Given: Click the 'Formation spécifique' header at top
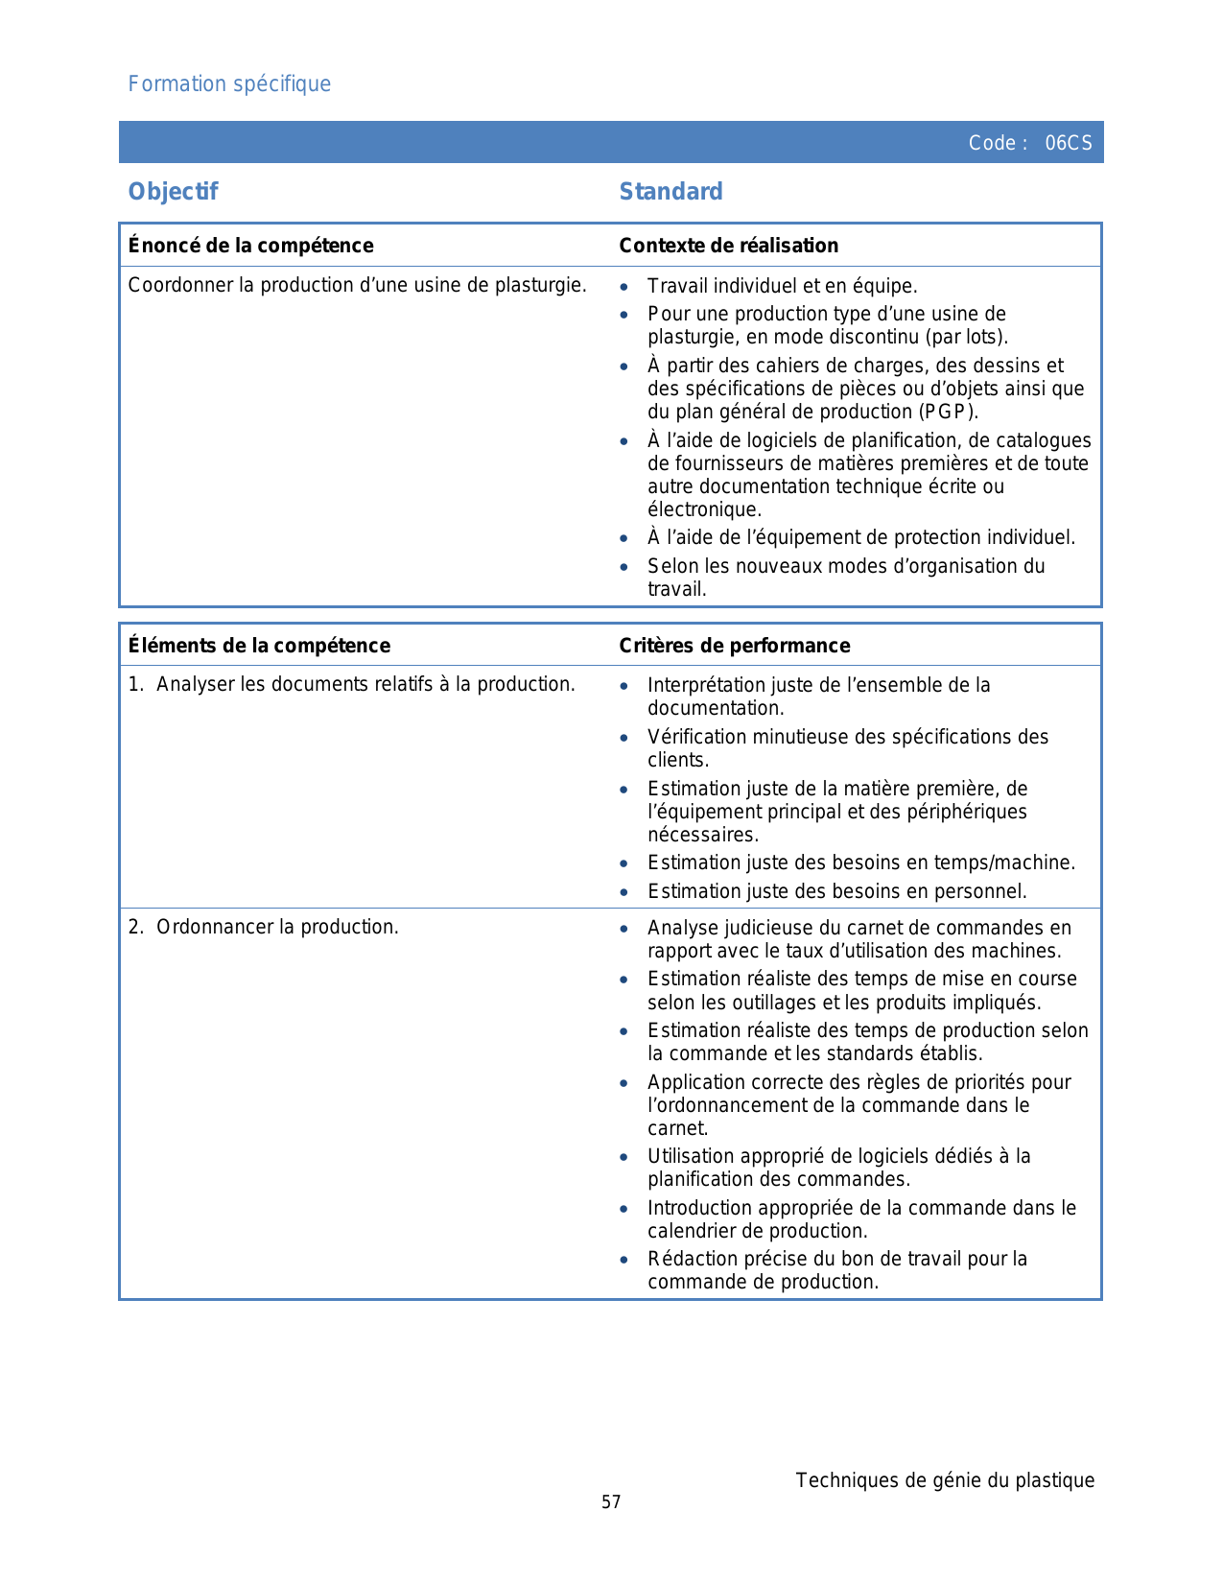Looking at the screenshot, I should (x=229, y=84).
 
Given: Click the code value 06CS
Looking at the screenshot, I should (x=1069, y=143).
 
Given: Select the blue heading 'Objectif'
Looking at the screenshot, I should (x=173, y=192).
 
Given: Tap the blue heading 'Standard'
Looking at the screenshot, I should (x=670, y=192).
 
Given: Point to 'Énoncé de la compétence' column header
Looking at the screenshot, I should (x=250, y=246).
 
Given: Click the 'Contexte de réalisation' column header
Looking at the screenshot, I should (x=728, y=246).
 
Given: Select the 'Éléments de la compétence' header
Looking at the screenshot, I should (x=259, y=646).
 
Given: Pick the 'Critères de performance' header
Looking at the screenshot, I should (x=734, y=646).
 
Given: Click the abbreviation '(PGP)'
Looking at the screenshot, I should (x=948, y=413).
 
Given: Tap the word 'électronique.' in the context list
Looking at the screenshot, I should (x=704, y=510).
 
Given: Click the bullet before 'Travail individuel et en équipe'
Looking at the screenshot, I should (x=624, y=287).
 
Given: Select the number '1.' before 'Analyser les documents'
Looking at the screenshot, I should (x=136, y=685).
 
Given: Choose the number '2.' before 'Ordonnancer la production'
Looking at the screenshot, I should (x=136, y=928).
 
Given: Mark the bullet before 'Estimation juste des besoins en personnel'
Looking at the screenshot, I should (x=624, y=892).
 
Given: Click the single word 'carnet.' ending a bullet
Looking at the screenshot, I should (x=677, y=1129).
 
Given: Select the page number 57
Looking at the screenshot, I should (x=611, y=1502).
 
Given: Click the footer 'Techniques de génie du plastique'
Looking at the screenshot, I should (x=945, y=1480).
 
